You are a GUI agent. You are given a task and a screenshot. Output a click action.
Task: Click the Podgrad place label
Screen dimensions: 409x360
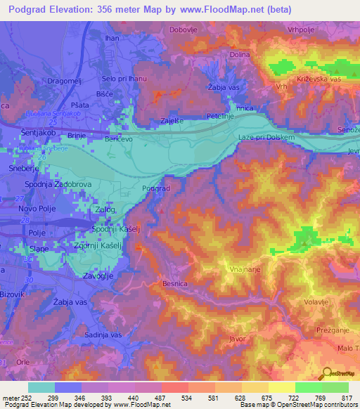(x=155, y=188)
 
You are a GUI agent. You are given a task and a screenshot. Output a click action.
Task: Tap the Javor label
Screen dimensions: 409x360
(x=236, y=338)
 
